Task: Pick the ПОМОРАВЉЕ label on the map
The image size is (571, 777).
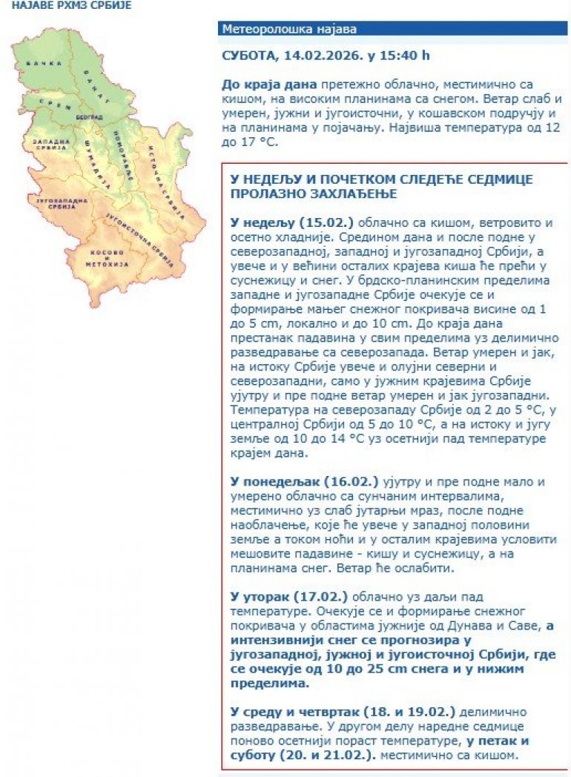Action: (120, 151)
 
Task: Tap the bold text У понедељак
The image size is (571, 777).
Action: (265, 481)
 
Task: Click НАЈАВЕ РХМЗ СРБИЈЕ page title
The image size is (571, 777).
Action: (66, 5)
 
